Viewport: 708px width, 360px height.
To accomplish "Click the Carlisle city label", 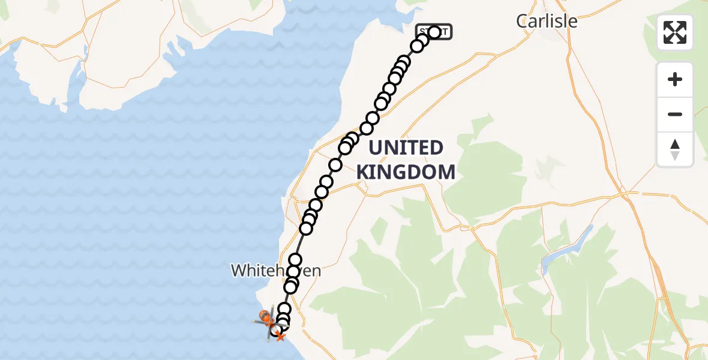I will (547, 21).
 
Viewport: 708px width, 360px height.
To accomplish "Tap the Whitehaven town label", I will (276, 271).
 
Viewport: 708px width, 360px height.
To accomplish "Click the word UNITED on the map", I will (406, 148).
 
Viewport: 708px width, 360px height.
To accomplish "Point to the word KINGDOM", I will (406, 173).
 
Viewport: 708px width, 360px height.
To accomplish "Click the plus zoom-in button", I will (675, 79).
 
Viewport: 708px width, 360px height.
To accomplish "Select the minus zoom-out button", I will (675, 114).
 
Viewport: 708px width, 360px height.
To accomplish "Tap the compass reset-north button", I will (675, 149).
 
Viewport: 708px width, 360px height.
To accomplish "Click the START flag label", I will (434, 32).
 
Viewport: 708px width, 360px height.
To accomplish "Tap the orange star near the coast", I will (280, 337).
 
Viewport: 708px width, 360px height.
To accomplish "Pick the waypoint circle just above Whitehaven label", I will (295, 260).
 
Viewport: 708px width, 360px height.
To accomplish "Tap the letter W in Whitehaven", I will (238, 271).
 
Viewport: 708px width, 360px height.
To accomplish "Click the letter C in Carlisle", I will (522, 22).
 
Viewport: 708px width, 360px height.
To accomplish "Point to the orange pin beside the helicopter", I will (263, 315).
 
